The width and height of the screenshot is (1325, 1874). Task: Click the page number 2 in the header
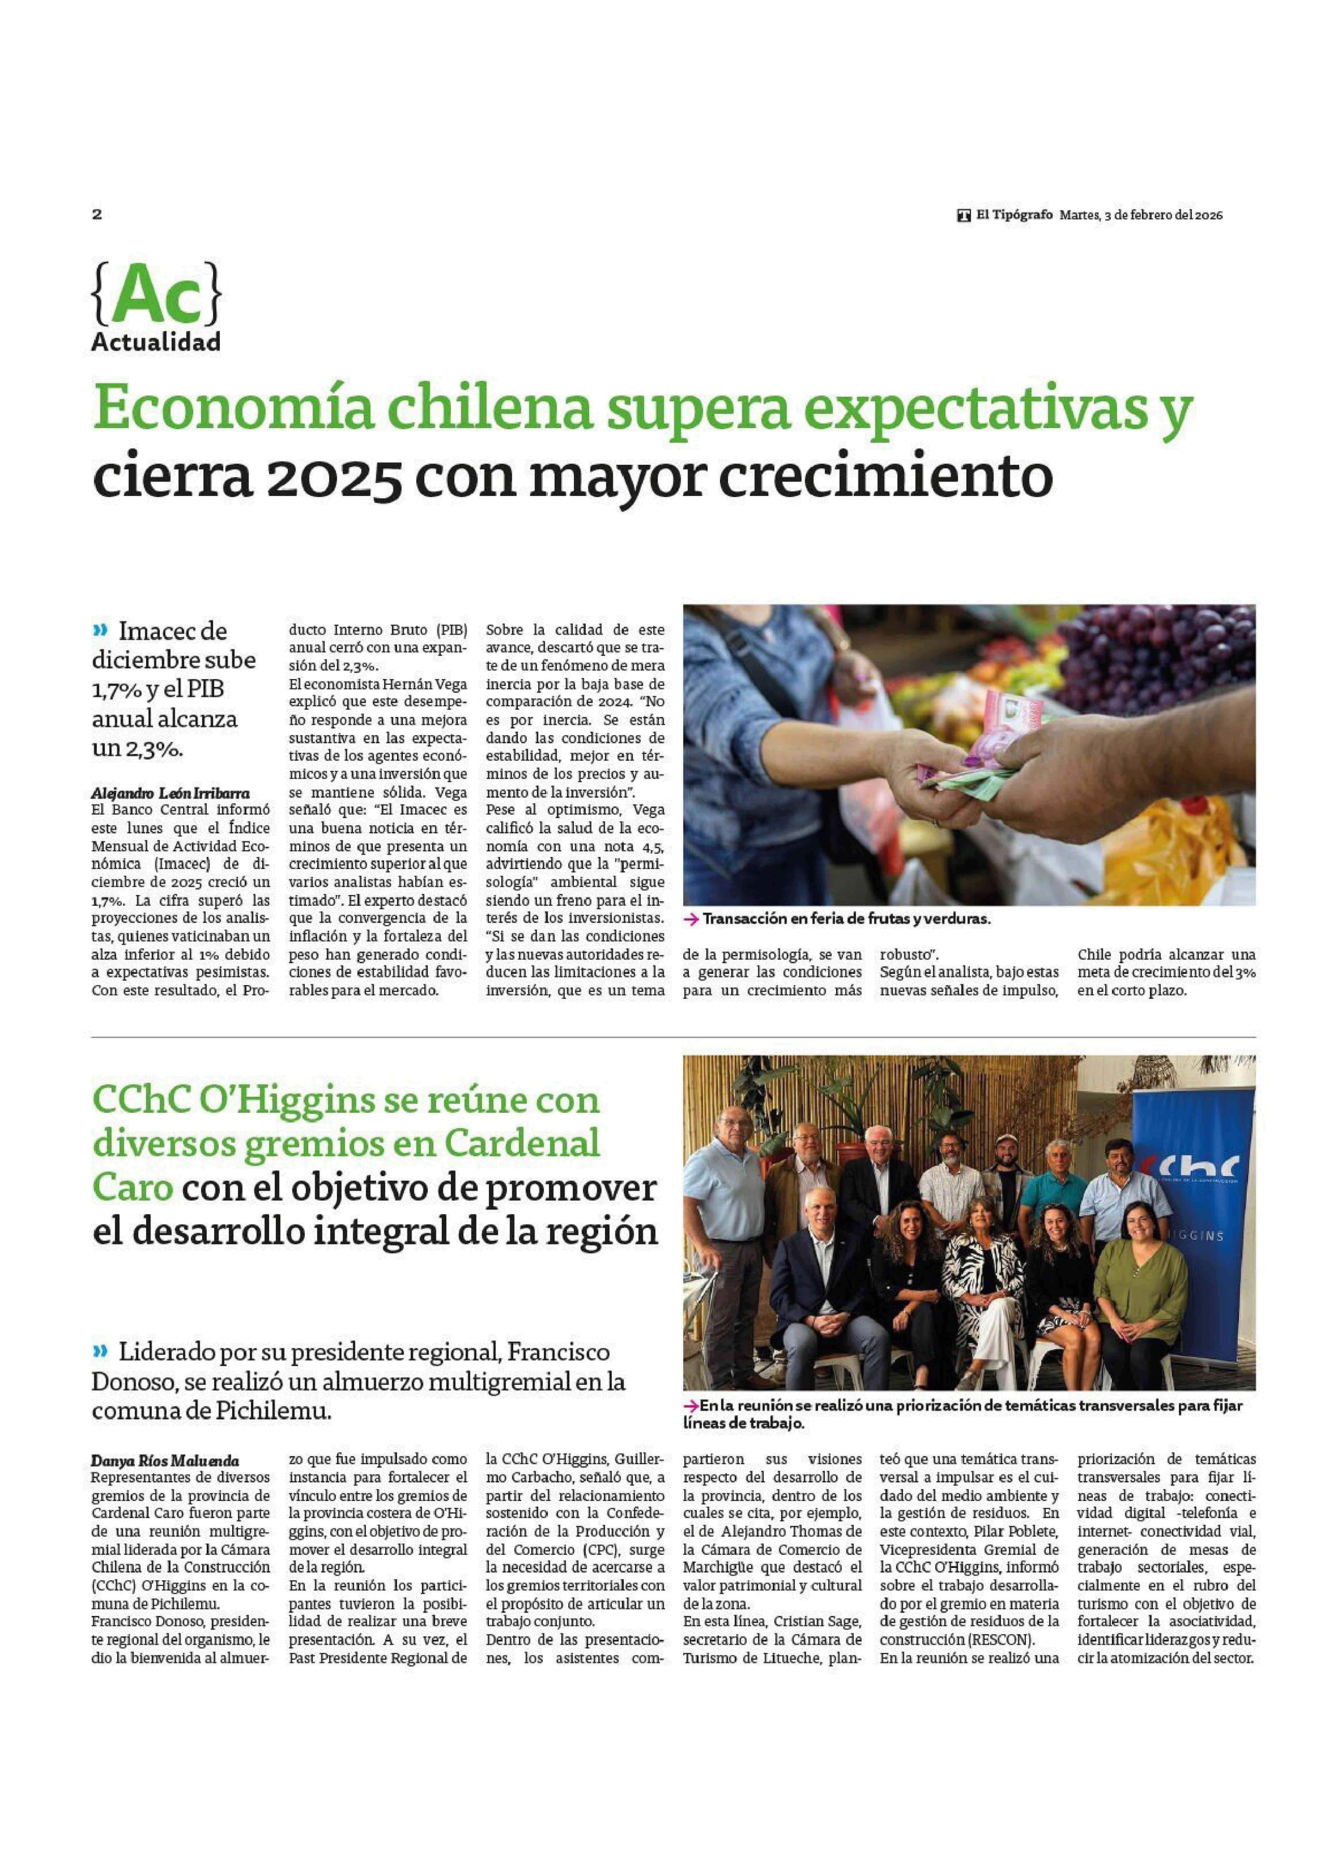click(x=97, y=215)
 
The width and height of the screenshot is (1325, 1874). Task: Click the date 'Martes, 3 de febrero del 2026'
click(x=1141, y=215)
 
